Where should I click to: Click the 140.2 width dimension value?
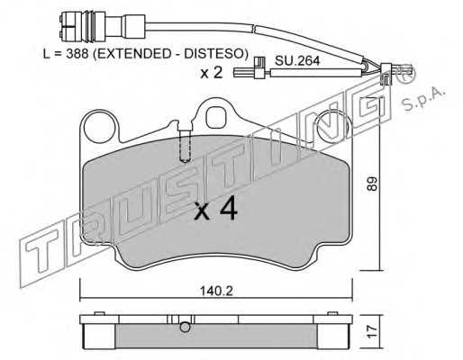(x=216, y=291)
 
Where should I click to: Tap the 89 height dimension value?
(x=372, y=184)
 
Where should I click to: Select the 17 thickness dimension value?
(x=372, y=331)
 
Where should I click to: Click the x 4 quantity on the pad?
(x=216, y=210)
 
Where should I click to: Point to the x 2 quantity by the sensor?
(x=212, y=72)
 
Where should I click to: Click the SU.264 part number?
(x=297, y=61)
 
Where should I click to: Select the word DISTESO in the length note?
(x=214, y=54)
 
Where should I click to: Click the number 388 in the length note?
(x=77, y=54)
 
